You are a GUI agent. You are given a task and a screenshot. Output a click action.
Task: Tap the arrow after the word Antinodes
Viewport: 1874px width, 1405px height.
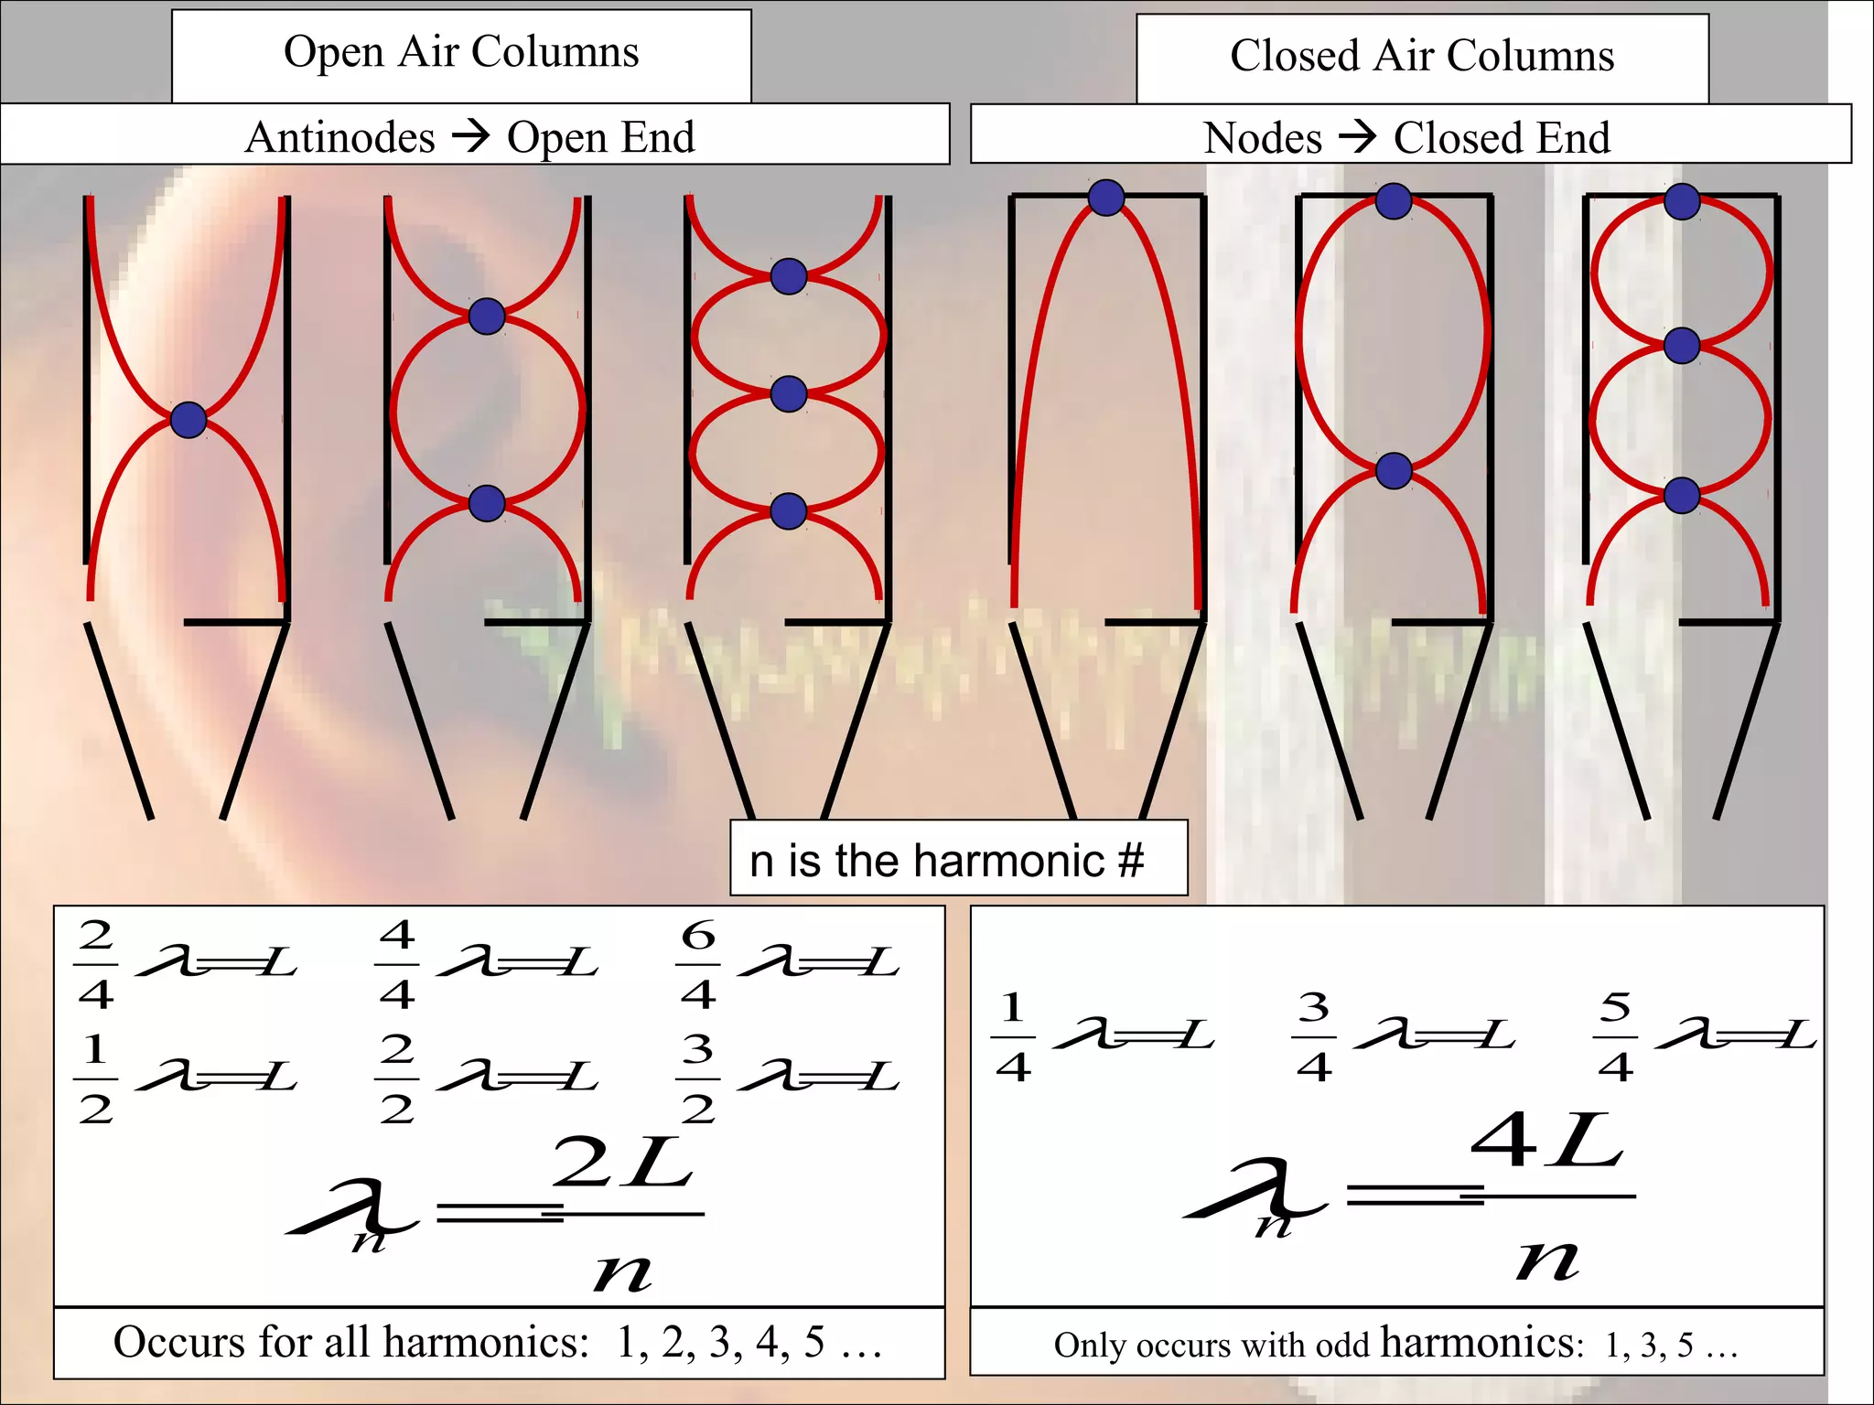tap(471, 136)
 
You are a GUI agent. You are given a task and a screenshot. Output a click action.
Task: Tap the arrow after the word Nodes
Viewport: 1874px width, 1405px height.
tap(1357, 137)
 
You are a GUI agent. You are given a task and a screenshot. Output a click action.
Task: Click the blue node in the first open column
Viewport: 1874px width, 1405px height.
tap(188, 420)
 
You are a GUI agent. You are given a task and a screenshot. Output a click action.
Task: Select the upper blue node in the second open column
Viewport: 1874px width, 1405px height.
tap(487, 316)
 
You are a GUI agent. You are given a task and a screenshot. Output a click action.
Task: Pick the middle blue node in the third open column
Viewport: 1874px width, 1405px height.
tap(789, 394)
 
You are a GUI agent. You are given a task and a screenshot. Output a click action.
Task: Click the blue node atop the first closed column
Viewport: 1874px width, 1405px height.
tap(1106, 198)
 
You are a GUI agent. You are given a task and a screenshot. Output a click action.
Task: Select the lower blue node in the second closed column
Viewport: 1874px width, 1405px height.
tap(1394, 471)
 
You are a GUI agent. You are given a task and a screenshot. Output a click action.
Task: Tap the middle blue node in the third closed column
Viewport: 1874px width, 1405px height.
tap(1682, 346)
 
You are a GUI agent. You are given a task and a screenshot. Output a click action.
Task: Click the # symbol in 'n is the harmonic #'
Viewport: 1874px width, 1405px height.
tap(1131, 861)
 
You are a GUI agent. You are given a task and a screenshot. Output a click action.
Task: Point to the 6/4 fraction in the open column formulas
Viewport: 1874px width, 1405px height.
tap(698, 964)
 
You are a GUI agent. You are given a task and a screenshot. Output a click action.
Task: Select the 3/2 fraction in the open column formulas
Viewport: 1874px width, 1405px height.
tap(698, 1078)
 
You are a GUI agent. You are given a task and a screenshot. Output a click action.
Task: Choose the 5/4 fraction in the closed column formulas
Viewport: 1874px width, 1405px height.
tap(1615, 1036)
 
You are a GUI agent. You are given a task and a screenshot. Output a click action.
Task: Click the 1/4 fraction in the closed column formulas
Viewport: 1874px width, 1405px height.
tap(1013, 1036)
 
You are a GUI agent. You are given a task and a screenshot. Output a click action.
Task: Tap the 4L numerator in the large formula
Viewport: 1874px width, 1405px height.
tap(1547, 1143)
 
